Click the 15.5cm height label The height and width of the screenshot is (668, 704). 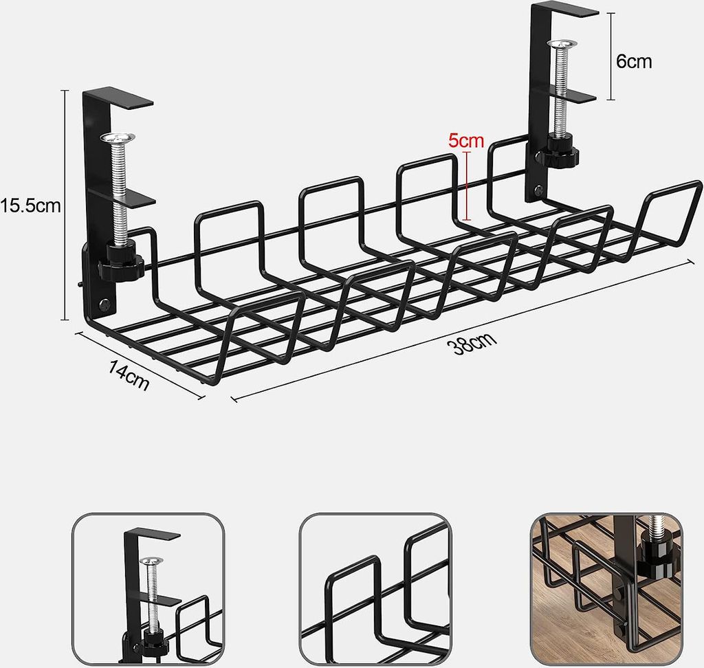(x=30, y=206)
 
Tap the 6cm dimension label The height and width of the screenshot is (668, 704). (x=633, y=61)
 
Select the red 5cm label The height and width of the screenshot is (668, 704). (x=466, y=141)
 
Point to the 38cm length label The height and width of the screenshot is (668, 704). (x=472, y=343)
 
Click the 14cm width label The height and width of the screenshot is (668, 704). (x=129, y=375)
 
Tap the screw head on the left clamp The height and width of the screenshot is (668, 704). (x=118, y=138)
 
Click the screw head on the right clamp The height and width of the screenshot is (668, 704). (x=562, y=44)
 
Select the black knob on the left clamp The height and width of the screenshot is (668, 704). (x=120, y=261)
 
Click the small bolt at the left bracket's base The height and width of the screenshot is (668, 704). (x=104, y=304)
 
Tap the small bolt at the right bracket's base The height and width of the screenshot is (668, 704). (x=538, y=191)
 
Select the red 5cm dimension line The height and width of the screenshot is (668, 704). (x=467, y=186)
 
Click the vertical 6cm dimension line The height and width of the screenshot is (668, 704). (x=611, y=56)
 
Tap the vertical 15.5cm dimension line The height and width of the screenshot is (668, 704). (x=65, y=205)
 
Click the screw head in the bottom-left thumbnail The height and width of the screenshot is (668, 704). (x=151, y=561)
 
